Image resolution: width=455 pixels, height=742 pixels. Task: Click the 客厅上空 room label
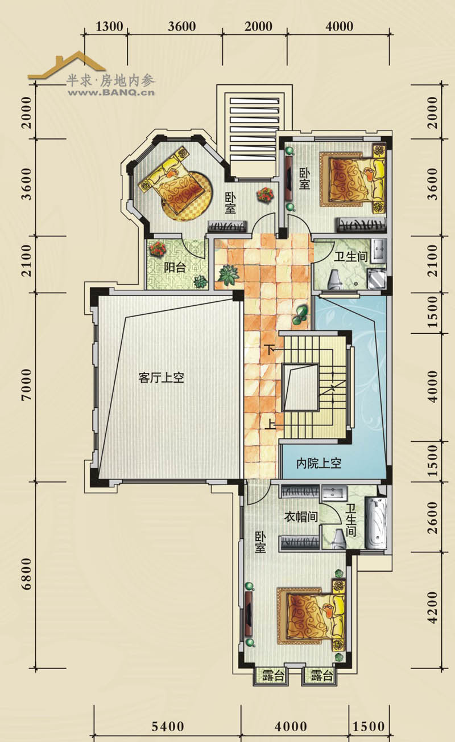[161, 378]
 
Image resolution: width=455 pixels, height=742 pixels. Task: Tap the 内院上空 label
[318, 464]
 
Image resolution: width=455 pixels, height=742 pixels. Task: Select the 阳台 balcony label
[175, 267]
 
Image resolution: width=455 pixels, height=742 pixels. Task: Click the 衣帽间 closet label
[301, 516]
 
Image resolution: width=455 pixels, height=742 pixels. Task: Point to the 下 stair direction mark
[271, 350]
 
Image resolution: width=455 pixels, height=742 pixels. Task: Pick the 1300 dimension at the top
[109, 27]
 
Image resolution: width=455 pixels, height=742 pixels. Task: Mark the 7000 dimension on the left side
[27, 384]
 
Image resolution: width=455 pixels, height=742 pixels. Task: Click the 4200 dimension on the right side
[432, 607]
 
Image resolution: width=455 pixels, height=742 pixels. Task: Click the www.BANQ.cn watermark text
[111, 92]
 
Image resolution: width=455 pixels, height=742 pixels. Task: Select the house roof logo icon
[67, 65]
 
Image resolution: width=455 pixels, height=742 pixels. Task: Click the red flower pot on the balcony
[158, 248]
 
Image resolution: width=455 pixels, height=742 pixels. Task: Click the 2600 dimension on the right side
[432, 518]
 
